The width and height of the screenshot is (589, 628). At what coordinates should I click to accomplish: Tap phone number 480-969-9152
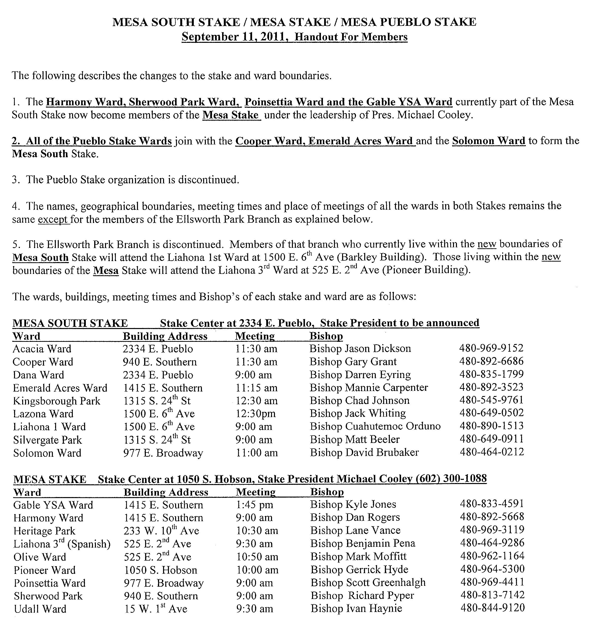(x=491, y=348)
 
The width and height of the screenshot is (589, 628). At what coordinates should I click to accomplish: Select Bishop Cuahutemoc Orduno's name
(x=375, y=426)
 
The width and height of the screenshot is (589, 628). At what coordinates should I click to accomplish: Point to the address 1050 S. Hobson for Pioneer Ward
(x=160, y=570)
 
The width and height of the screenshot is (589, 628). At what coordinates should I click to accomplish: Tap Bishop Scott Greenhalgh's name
(x=368, y=582)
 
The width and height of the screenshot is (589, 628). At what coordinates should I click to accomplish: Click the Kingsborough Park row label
(x=57, y=401)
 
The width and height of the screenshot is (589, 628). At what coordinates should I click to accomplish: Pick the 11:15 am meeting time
(x=256, y=388)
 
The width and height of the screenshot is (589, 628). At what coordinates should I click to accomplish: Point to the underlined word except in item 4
(x=53, y=219)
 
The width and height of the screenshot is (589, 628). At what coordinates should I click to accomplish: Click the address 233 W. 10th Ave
(x=161, y=531)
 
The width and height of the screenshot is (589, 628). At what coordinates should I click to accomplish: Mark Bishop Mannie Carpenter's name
(x=369, y=387)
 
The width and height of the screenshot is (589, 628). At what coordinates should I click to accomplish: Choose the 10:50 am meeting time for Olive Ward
(x=257, y=557)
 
